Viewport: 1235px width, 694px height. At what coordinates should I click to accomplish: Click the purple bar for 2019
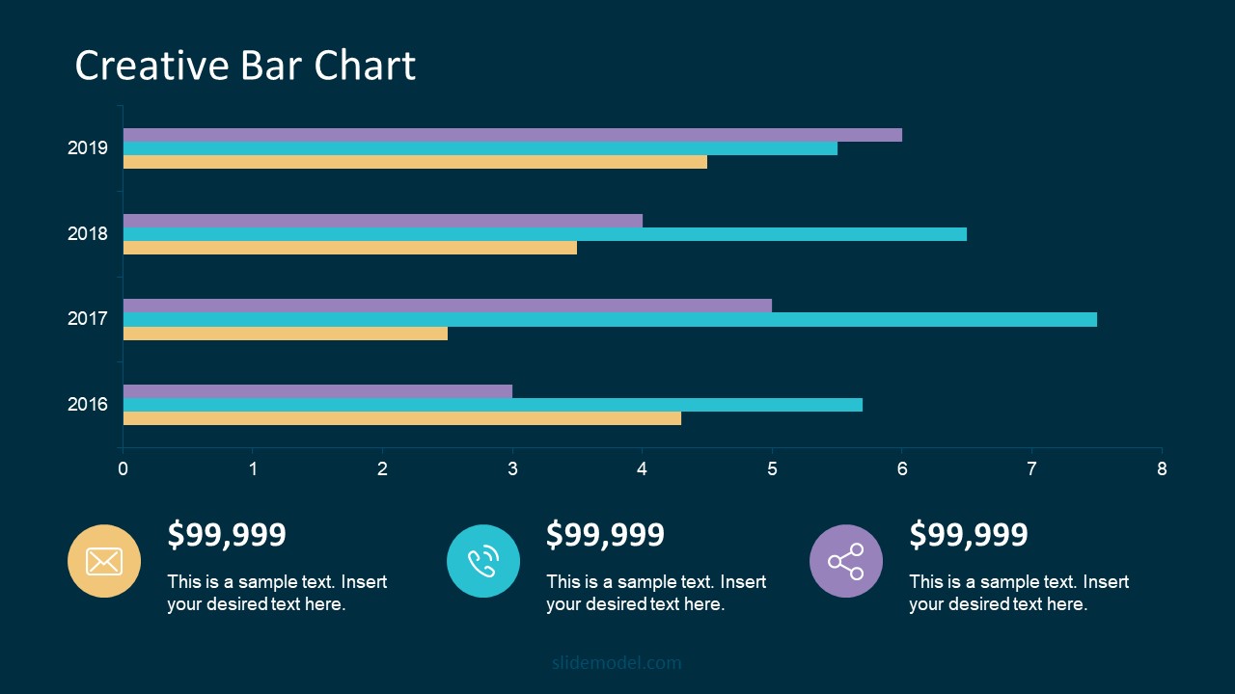(x=512, y=135)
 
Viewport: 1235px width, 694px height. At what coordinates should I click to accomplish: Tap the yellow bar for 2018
(x=350, y=248)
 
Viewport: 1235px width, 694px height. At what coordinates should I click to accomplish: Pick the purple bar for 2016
(x=317, y=391)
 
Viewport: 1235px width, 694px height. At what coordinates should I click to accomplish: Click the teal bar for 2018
(x=545, y=234)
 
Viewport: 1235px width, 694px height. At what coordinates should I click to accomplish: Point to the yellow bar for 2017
(x=286, y=334)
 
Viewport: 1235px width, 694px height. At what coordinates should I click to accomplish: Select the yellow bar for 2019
(x=415, y=162)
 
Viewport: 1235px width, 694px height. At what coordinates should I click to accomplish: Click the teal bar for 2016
(x=493, y=405)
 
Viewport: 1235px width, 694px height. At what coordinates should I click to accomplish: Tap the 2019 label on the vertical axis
(x=88, y=148)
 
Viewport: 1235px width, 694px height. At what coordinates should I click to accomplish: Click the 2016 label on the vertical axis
(x=88, y=405)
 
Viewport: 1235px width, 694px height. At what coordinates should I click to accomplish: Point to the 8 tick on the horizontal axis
(x=1162, y=469)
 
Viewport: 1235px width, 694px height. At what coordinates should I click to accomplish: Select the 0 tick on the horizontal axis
(x=123, y=469)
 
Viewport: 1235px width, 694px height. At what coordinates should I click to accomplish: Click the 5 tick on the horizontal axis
(x=772, y=469)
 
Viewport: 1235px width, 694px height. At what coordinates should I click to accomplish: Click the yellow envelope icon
(x=104, y=561)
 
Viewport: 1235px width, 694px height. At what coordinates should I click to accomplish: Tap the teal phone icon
(x=483, y=561)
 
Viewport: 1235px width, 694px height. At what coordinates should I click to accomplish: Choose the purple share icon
(x=846, y=561)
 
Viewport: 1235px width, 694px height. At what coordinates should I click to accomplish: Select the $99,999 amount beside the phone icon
(x=605, y=534)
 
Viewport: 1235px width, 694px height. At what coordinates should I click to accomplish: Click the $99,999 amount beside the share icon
(x=969, y=534)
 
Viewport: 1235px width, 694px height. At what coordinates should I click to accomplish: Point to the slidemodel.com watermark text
(x=617, y=663)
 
